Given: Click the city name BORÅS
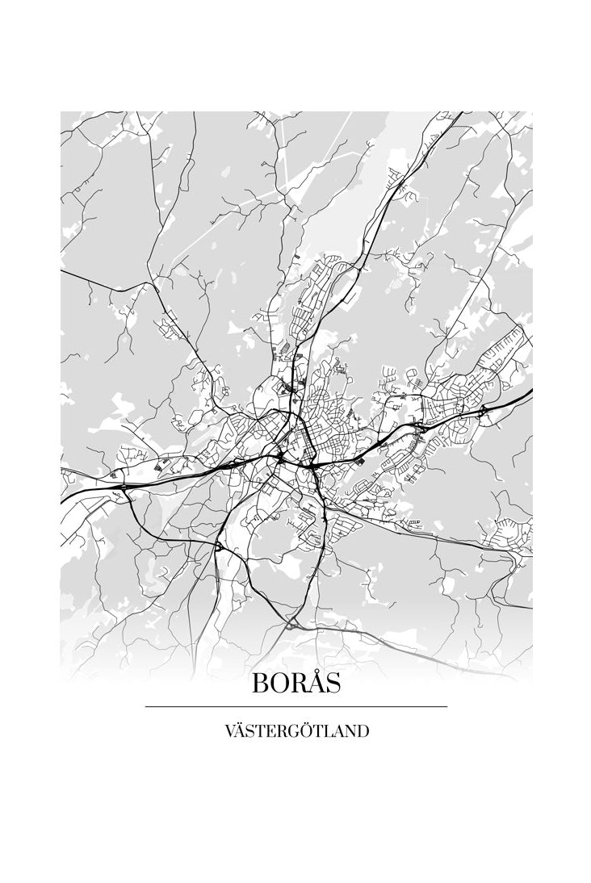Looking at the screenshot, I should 295,683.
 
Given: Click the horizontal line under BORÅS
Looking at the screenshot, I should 295,707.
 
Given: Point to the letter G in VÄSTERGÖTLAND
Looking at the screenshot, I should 289,732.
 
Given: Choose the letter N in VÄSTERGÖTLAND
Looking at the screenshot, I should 349,732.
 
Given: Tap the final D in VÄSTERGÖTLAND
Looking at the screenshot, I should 363,732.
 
